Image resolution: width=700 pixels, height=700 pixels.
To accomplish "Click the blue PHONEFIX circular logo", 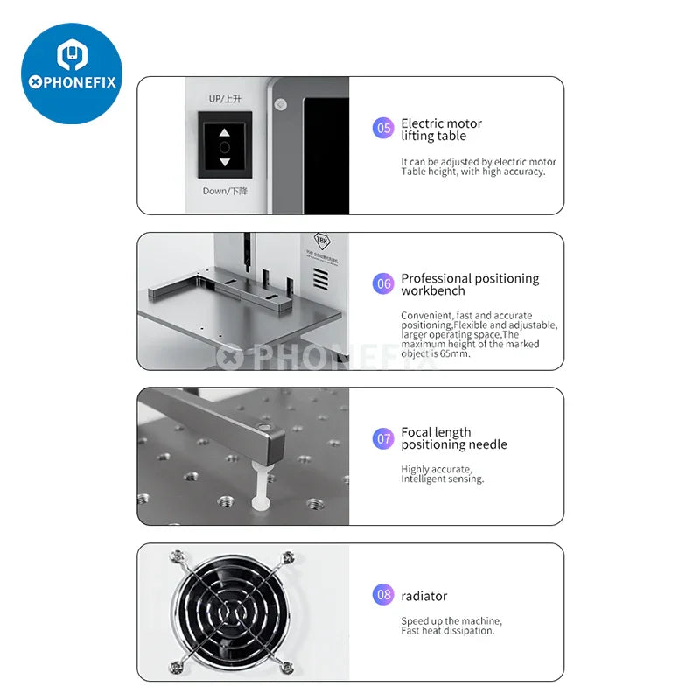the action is click(x=72, y=73).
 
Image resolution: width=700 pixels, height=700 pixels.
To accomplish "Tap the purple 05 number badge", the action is click(x=383, y=128).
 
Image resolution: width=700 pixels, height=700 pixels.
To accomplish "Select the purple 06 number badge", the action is click(x=383, y=283).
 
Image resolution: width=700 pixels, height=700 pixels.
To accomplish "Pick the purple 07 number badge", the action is click(x=383, y=439).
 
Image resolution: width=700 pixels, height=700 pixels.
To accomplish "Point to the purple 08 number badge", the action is click(x=383, y=595).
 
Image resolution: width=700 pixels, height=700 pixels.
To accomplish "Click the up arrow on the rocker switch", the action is click(x=225, y=133).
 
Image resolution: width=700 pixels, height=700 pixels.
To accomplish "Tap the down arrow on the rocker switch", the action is click(x=225, y=162).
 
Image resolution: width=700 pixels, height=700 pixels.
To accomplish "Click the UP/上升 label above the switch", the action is click(x=225, y=99).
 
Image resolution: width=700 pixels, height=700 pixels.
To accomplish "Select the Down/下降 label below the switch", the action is click(x=225, y=191).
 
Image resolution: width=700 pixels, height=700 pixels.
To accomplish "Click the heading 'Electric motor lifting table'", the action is click(x=441, y=129).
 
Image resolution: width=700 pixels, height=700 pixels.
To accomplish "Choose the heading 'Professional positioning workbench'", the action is click(x=470, y=284).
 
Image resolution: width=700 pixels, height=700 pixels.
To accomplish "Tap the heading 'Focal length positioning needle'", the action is click(x=453, y=438).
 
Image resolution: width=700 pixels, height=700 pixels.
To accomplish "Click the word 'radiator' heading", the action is click(x=423, y=597).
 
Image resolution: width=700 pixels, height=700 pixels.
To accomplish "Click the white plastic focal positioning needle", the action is click(x=260, y=486).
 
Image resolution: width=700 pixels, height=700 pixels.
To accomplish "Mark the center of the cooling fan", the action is click(x=231, y=612).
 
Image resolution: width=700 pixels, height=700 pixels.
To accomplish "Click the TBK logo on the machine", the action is click(x=322, y=241).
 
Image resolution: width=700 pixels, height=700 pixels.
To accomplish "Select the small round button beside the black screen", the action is click(x=280, y=104).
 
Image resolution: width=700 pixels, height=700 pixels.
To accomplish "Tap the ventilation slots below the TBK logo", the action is click(x=320, y=279).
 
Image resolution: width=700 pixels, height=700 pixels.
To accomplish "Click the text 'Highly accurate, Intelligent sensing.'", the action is click(x=442, y=474).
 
